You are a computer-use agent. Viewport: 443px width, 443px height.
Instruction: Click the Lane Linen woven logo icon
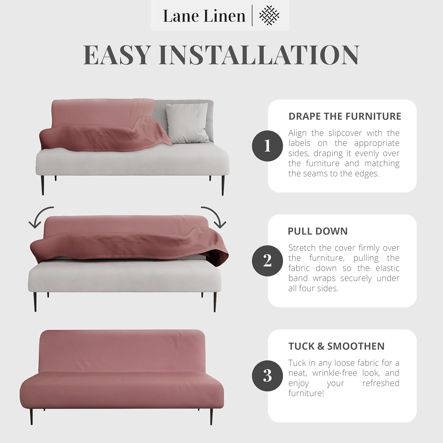click(x=269, y=15)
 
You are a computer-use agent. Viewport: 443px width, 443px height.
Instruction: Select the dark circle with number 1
click(x=267, y=146)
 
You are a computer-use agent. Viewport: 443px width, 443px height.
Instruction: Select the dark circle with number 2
click(x=267, y=261)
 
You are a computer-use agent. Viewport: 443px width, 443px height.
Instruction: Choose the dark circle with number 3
click(x=267, y=376)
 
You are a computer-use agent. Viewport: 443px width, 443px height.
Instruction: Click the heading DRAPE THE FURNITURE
click(x=345, y=116)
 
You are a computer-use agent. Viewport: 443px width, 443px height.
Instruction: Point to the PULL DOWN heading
click(x=317, y=231)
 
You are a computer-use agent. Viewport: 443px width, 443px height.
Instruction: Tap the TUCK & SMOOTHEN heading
click(x=336, y=346)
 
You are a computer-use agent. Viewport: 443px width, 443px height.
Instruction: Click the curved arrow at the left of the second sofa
click(x=40, y=217)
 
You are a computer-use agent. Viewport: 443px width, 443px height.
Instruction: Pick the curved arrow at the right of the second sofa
click(x=215, y=217)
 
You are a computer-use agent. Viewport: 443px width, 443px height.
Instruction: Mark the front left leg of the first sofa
click(x=43, y=185)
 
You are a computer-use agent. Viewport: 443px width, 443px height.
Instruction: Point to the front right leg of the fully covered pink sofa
click(x=211, y=415)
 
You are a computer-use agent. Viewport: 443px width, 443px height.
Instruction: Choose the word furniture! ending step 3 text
click(x=306, y=393)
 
